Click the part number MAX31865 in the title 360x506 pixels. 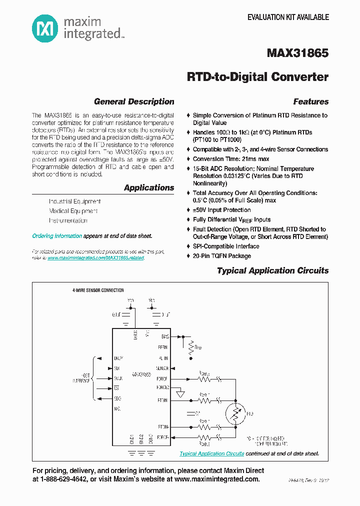[298, 52]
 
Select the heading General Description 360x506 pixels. [134, 101]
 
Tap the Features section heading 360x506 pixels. [310, 101]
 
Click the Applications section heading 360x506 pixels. [149, 188]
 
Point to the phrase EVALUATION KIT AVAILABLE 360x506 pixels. [288, 17]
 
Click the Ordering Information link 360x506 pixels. [57, 236]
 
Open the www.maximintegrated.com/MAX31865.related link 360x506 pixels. [96, 258]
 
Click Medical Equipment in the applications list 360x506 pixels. [73, 211]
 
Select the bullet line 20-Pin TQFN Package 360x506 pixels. [221, 256]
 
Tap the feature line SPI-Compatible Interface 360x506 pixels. [225, 246]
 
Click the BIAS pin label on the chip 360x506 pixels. [164, 337]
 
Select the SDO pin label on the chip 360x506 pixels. [118, 398]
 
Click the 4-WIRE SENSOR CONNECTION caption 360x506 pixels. [98, 290]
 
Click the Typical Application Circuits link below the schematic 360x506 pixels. [212, 453]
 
